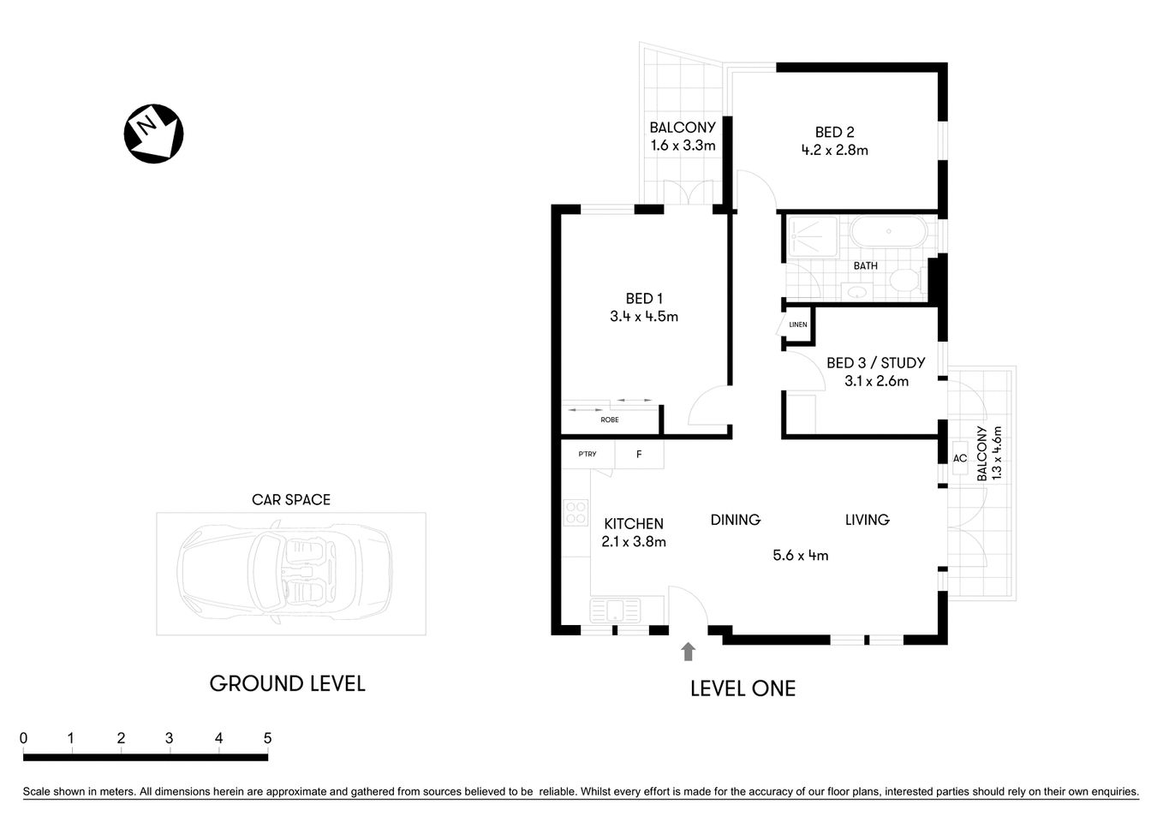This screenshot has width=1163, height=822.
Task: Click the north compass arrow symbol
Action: (x=154, y=134)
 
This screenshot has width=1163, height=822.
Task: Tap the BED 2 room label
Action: (x=834, y=132)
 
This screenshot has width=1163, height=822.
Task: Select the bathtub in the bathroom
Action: (x=887, y=231)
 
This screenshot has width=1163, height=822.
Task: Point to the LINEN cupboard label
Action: (x=797, y=325)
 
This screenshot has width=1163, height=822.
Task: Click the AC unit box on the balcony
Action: (x=960, y=458)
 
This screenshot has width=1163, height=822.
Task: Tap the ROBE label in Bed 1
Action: (x=609, y=420)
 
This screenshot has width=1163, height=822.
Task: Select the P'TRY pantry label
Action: (x=587, y=454)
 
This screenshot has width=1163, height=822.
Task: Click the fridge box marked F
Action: (x=639, y=455)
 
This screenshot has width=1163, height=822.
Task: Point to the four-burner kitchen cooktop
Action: (x=576, y=512)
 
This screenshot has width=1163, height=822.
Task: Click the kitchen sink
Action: (x=615, y=611)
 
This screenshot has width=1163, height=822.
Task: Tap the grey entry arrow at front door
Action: (x=688, y=652)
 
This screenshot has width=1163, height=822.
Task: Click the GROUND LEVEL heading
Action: (x=287, y=683)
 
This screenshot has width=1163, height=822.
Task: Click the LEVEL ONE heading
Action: (x=743, y=688)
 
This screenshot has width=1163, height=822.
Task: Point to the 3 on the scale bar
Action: (x=170, y=738)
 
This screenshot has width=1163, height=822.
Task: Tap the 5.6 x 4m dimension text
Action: (x=800, y=555)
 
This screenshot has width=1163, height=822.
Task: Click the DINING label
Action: (x=735, y=520)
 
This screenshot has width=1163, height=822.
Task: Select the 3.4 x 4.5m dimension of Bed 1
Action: (x=644, y=316)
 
